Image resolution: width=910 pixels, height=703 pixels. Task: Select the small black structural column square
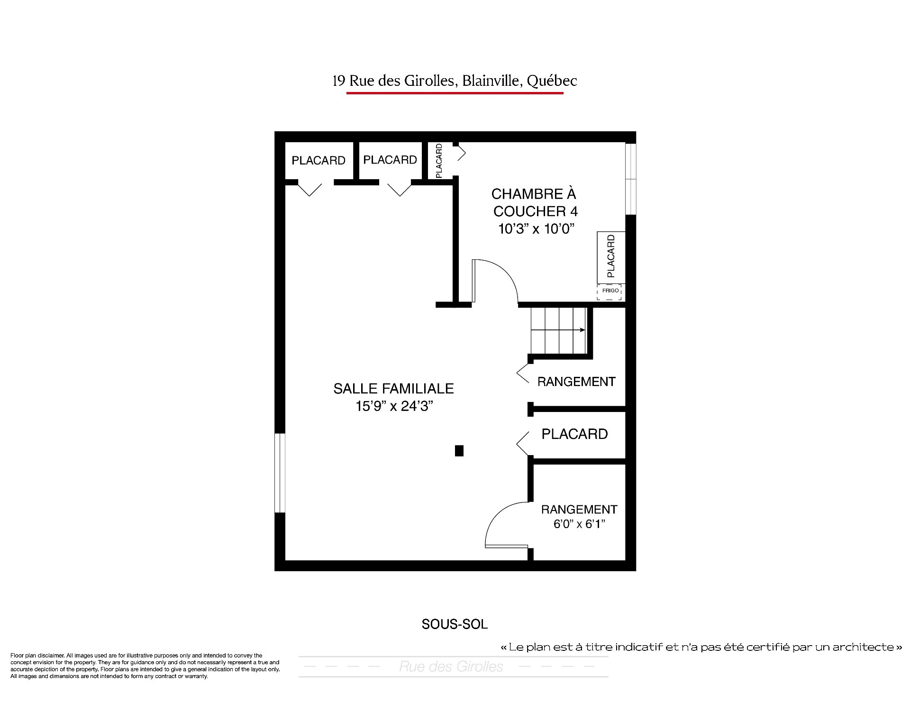[459, 451]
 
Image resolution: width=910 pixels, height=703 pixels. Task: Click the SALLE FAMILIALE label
[393, 389]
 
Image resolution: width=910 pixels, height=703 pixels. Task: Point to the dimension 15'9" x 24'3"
[395, 406]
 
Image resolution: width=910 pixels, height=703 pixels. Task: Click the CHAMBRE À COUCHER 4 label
[534, 202]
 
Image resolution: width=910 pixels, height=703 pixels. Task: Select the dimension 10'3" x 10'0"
[536, 229]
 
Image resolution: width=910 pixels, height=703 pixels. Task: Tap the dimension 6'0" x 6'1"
[579, 524]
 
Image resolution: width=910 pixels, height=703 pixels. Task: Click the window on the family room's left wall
[280, 473]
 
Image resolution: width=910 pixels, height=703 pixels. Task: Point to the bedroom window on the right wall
[630, 179]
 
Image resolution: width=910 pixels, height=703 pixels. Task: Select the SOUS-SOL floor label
[455, 624]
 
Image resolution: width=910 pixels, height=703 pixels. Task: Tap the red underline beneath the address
[455, 93]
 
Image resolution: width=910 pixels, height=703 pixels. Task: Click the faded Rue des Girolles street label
[451, 667]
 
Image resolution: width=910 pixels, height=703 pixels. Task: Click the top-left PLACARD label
[318, 161]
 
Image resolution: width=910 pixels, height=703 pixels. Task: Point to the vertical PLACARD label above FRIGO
[611, 256]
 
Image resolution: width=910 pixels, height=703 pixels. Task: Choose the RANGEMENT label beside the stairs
[576, 382]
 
